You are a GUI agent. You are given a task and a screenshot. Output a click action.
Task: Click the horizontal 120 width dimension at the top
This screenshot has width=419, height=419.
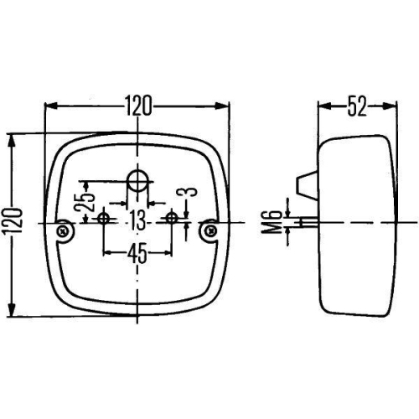[137, 105]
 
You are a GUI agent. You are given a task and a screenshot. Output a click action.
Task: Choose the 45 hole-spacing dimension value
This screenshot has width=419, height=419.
[137, 251]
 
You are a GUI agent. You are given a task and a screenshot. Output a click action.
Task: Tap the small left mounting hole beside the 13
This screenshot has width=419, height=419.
[104, 220]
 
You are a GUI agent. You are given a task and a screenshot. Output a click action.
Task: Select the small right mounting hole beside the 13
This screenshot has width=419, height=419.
[173, 220]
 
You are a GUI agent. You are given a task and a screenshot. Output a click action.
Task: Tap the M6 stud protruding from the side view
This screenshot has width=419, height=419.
[309, 222]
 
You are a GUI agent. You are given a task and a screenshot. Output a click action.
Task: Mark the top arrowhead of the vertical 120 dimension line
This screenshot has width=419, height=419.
[12, 137]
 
